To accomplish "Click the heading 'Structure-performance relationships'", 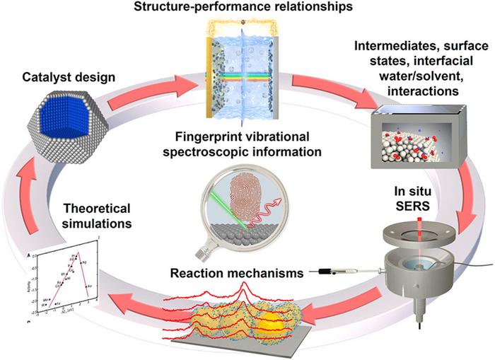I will (x=247, y=8).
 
